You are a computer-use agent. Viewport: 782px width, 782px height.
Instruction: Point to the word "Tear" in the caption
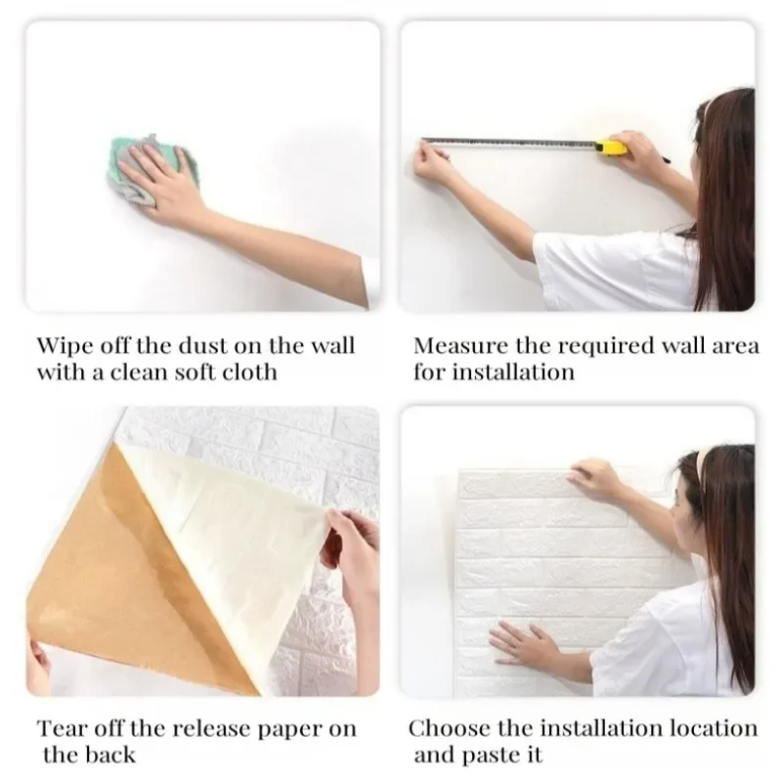pos(62,729)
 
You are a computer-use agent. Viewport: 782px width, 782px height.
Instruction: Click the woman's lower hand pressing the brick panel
pos(524,644)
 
